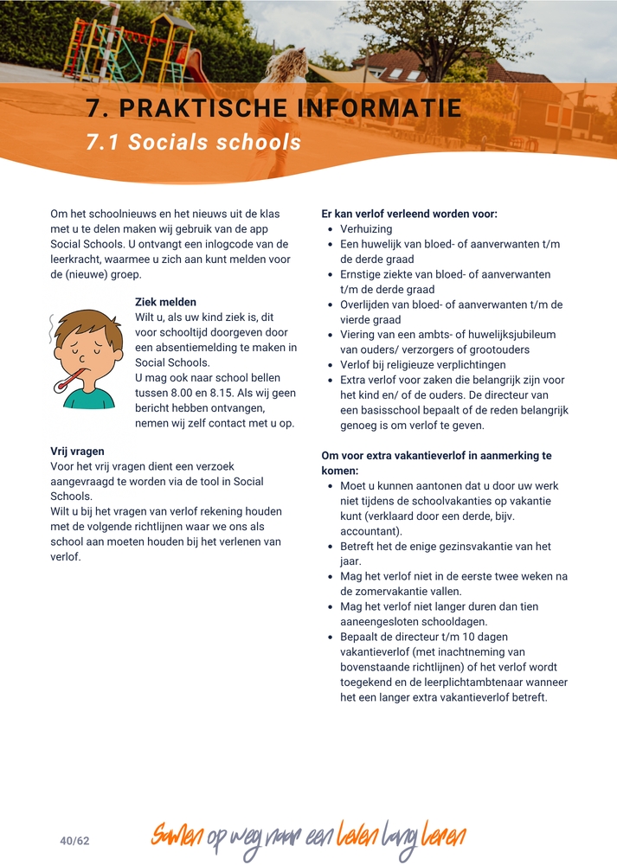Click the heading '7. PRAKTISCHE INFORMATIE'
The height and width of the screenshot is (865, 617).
tap(273, 108)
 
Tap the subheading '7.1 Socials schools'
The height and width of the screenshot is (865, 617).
tap(193, 143)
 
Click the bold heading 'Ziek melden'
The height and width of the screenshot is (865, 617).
tap(165, 302)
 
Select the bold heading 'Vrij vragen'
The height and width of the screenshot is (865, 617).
tap(77, 451)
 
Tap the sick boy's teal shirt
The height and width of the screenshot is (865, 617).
tap(89, 399)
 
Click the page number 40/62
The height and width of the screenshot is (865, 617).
tap(75, 841)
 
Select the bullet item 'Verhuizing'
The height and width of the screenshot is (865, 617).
tap(366, 229)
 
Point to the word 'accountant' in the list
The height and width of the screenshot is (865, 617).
tap(370, 531)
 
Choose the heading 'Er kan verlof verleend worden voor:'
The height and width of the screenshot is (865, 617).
tap(409, 214)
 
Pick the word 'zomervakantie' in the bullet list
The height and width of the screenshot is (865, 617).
tap(376, 592)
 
